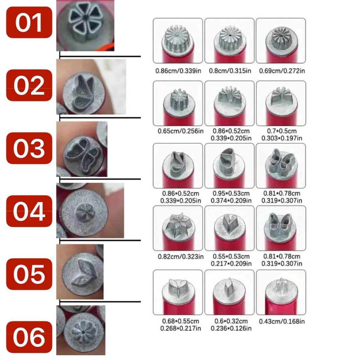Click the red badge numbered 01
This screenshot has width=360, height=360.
(x=29, y=22)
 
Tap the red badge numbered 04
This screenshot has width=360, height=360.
(x=29, y=211)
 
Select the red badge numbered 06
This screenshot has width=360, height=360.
(x=29, y=337)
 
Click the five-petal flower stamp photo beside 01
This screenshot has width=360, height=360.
(x=85, y=25)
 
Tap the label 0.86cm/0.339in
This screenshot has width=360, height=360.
(x=178, y=71)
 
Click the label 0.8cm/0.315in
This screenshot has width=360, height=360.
(x=230, y=71)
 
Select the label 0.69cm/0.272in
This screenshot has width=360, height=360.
(x=282, y=71)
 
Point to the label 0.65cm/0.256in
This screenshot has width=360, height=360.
(x=181, y=131)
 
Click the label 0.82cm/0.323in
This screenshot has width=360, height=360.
(x=181, y=257)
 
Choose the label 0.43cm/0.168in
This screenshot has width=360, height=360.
(x=282, y=321)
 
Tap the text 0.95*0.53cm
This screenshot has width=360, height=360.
(x=231, y=193)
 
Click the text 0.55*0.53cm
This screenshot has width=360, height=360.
(x=231, y=256)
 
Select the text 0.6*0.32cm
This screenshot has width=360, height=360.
(x=231, y=321)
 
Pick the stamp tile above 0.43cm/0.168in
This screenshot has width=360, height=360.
(x=281, y=292)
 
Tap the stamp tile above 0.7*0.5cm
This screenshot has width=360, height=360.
(x=281, y=103)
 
